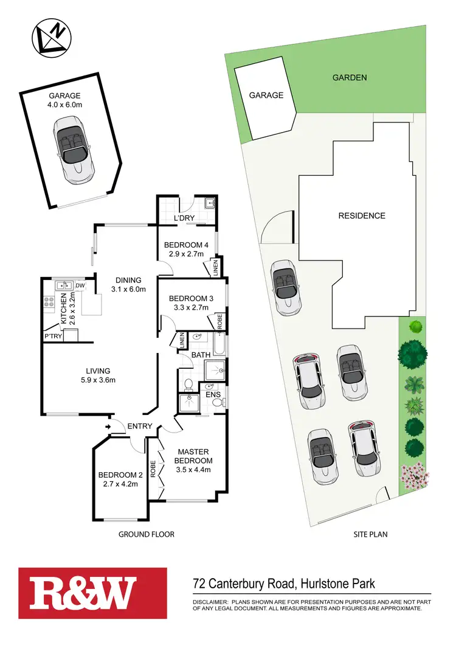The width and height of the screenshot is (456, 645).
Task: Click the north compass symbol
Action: pos(51,36)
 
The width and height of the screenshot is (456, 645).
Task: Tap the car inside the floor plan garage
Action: pos(74,150)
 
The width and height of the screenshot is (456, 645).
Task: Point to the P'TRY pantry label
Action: pos(52,336)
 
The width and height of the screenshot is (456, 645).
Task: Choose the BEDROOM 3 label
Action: pos(191,298)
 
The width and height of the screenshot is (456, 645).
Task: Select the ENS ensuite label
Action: pos(212,395)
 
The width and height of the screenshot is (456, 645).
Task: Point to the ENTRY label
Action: pos(140,426)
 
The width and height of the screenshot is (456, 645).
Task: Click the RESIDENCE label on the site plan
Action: pos(362,215)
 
